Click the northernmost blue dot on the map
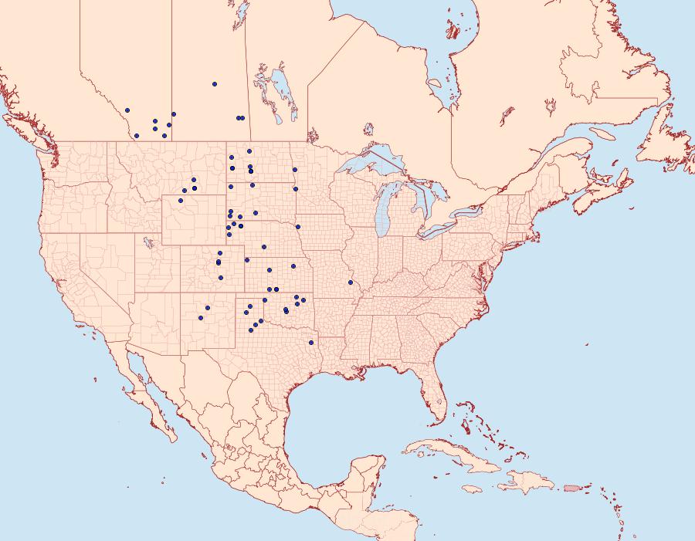click(x=215, y=84)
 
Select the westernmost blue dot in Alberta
click(x=127, y=110)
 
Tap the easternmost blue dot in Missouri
click(x=351, y=282)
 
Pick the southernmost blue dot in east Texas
click(x=311, y=342)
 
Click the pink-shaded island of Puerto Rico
click(x=572, y=487)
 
